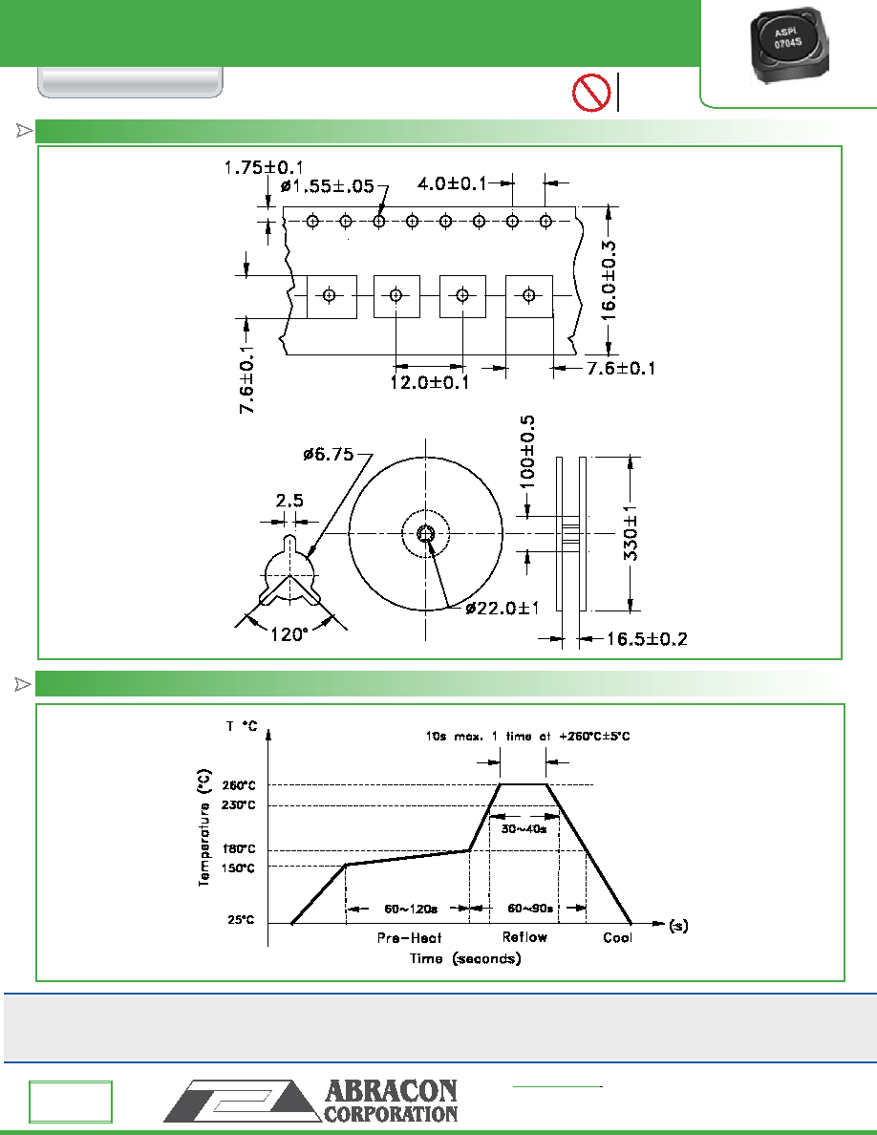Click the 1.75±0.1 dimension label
[264, 167]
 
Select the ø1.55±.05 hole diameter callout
[327, 186]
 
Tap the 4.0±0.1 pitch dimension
[452, 183]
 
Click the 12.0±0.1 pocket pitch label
[429, 382]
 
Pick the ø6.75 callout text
[329, 455]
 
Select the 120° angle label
[289, 634]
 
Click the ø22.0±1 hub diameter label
[503, 608]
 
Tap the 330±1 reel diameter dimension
[631, 535]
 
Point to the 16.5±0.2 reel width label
[646, 639]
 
